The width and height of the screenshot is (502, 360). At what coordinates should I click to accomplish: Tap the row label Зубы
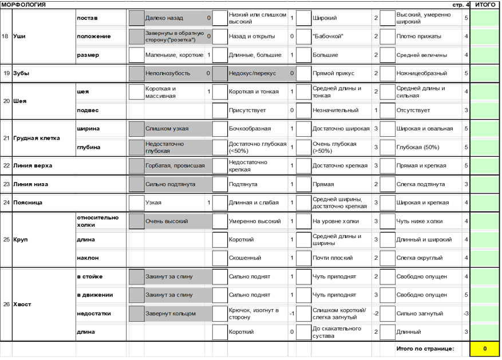pyautogui.click(x=21, y=73)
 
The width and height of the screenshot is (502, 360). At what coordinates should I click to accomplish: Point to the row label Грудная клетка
pyautogui.click(x=32, y=138)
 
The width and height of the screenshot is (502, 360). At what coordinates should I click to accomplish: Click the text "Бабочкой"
pyautogui.click(x=328, y=37)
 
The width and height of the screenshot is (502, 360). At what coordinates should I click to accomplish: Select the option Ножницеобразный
pyautogui.click(x=422, y=73)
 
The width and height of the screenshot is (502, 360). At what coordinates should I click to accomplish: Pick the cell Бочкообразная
pyautogui.click(x=250, y=129)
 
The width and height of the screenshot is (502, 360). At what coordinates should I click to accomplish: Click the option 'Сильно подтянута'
pyautogui.click(x=170, y=184)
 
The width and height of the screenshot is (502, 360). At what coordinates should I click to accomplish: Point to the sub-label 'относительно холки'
pyautogui.click(x=98, y=221)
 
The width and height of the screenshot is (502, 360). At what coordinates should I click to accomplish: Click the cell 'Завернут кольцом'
pyautogui.click(x=170, y=314)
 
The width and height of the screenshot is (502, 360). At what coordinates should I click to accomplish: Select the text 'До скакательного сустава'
pyautogui.click(x=337, y=332)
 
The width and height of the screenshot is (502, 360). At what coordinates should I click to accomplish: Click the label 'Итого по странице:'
pyautogui.click(x=425, y=349)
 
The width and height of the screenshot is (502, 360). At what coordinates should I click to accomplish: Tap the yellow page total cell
pyautogui.click(x=485, y=349)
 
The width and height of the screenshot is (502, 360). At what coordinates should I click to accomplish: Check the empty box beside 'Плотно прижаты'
pyautogui.click(x=388, y=37)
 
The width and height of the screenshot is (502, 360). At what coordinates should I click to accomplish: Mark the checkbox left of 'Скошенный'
pyautogui.click(x=220, y=258)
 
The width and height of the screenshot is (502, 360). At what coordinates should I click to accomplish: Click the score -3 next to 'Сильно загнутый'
pyautogui.click(x=466, y=314)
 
